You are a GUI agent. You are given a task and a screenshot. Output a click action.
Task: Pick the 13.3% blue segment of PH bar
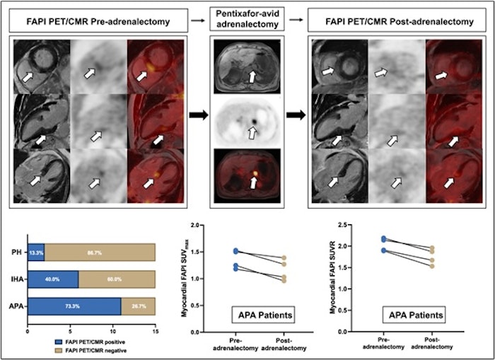point(35,252)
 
